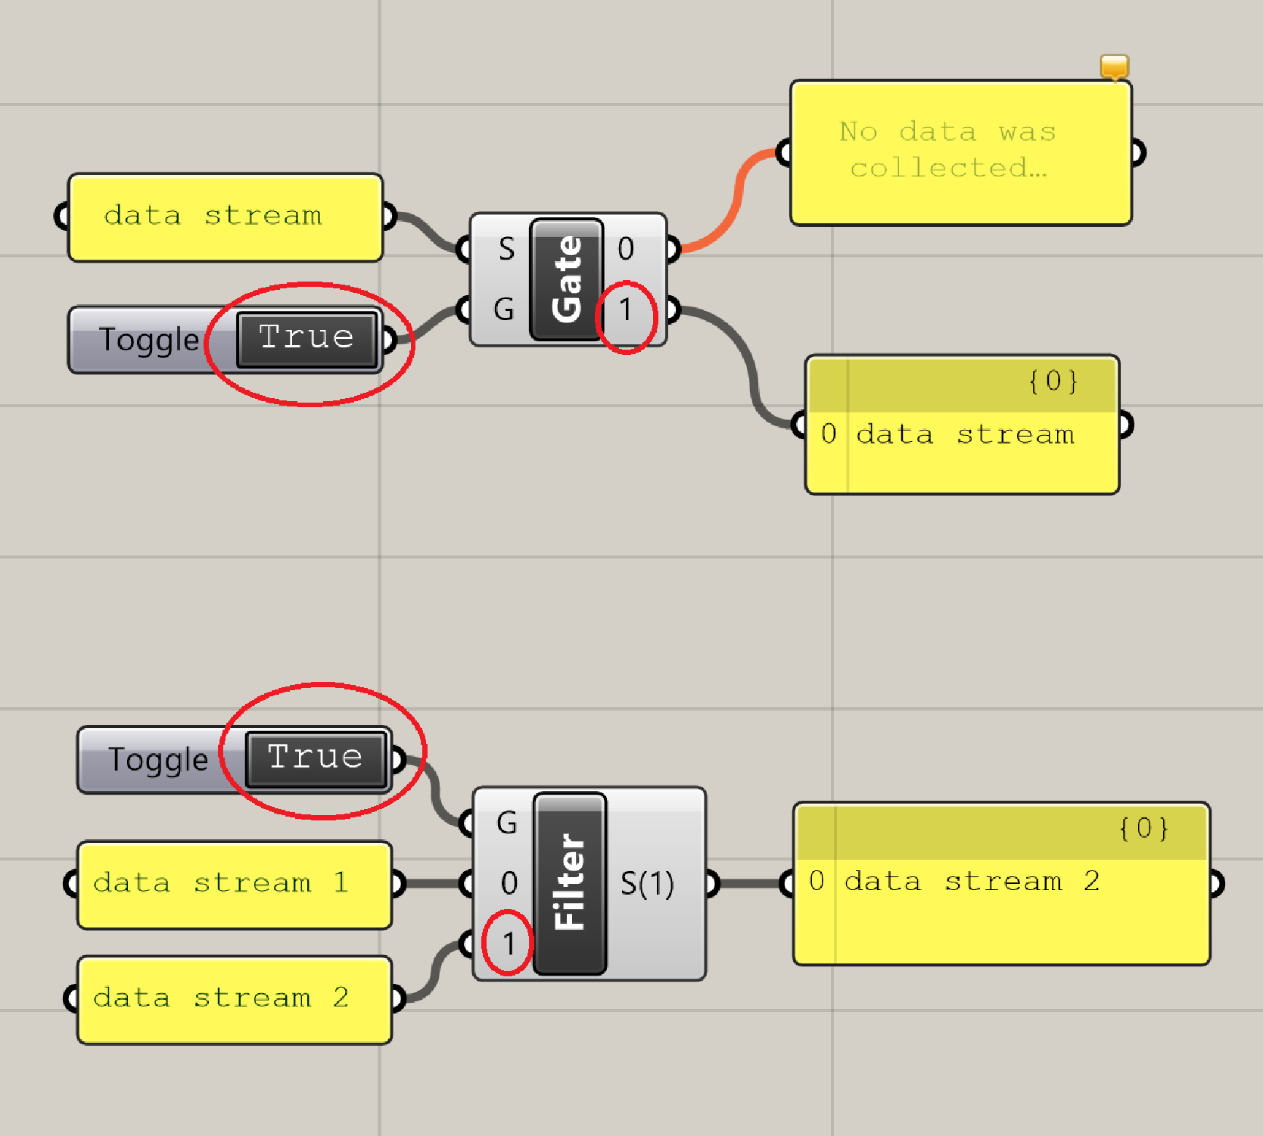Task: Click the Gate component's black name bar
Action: [567, 279]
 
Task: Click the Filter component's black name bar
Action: [570, 883]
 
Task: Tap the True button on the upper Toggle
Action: [306, 338]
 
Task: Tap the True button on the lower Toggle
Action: [316, 758]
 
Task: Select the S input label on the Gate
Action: [506, 249]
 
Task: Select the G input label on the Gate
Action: [504, 310]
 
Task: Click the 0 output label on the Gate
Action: [626, 249]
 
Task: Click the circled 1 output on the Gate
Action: [626, 310]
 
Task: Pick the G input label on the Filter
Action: [507, 823]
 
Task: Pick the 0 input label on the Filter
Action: [509, 883]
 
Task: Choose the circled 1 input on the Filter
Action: [509, 944]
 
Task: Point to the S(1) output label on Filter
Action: [647, 883]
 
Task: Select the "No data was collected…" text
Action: [947, 150]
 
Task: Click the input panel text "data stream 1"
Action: [220, 883]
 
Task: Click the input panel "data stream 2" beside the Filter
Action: [220, 998]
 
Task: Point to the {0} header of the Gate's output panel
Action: [1053, 381]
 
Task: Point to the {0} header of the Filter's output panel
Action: [1143, 829]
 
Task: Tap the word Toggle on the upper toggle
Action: [149, 340]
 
